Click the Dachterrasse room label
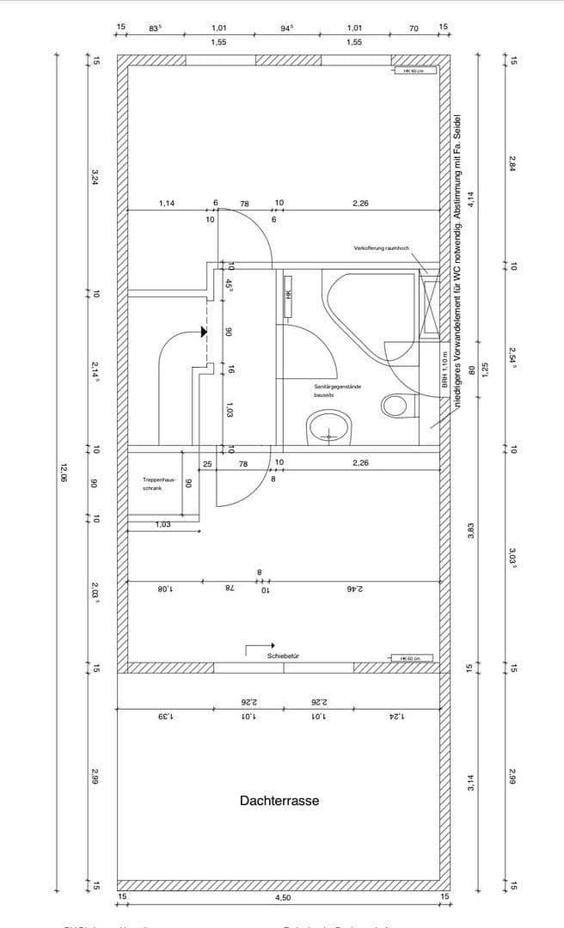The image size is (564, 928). click(x=279, y=801)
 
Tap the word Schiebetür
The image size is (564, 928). click(x=283, y=656)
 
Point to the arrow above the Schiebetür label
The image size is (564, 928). click(x=261, y=644)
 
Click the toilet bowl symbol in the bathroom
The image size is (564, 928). click(x=397, y=405)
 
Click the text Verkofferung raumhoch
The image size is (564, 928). click(x=382, y=248)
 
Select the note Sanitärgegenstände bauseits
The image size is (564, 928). click(x=337, y=391)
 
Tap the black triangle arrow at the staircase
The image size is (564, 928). click(x=204, y=331)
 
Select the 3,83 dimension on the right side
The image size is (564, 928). click(x=470, y=529)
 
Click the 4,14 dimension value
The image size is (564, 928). click(x=470, y=198)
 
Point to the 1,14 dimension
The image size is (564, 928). click(x=167, y=204)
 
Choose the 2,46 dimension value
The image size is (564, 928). click(x=355, y=589)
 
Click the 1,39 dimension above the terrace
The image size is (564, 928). click(x=166, y=716)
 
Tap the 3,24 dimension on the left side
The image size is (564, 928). click(x=95, y=178)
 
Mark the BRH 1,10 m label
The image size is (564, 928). click(x=445, y=370)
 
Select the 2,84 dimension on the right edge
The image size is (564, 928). click(x=512, y=163)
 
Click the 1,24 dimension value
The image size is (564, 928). click(x=396, y=716)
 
